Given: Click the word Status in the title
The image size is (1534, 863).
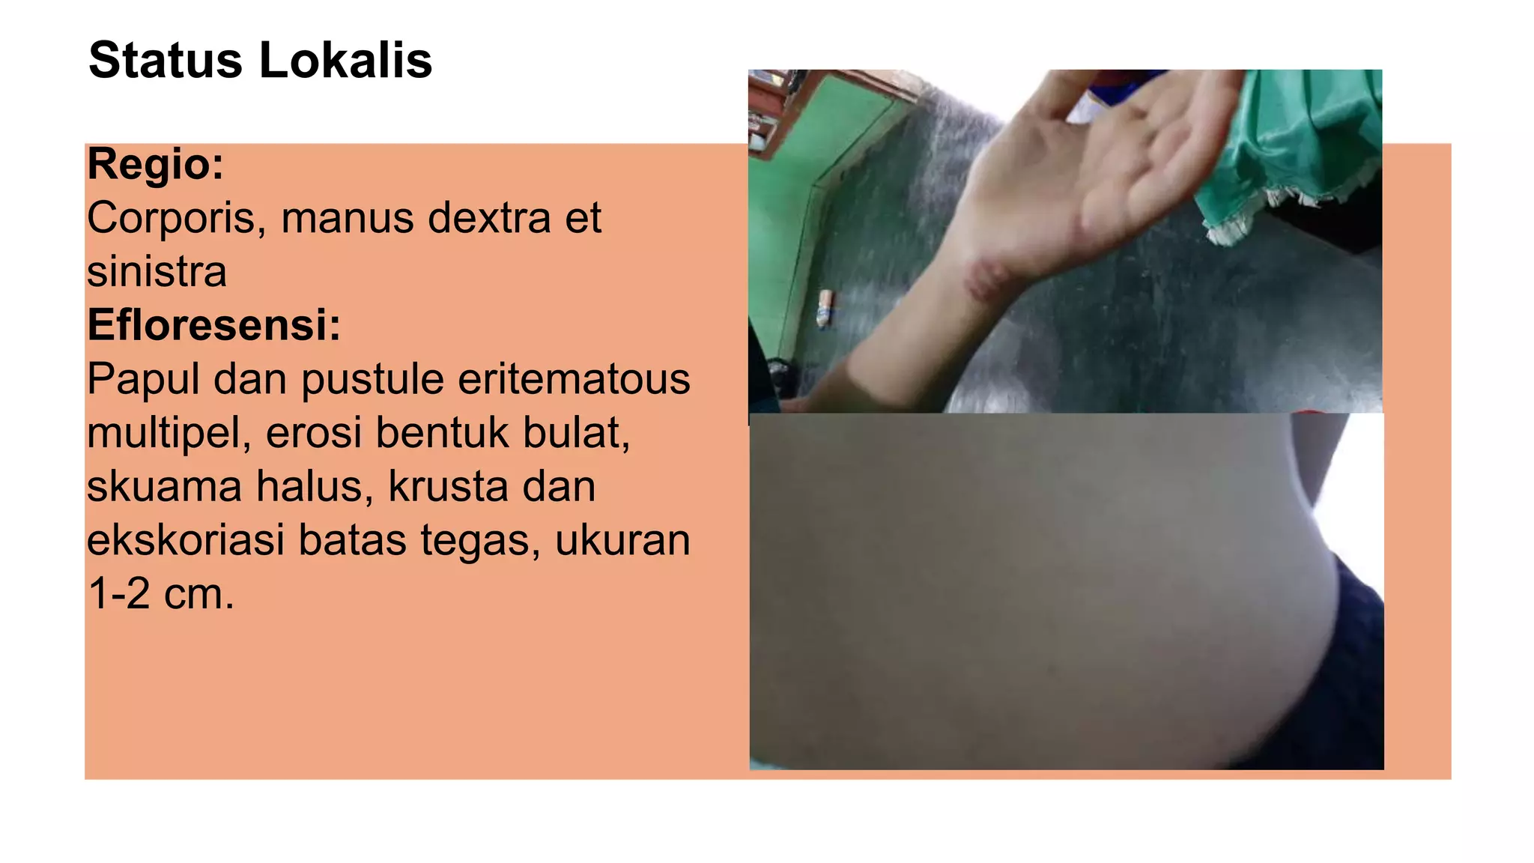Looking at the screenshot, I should [x=166, y=60].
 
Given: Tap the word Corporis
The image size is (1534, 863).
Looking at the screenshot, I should [x=177, y=218].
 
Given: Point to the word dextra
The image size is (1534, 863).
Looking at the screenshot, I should [x=488, y=218].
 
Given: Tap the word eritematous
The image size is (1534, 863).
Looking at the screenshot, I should [x=574, y=379].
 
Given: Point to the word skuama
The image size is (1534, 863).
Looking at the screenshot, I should [x=165, y=487].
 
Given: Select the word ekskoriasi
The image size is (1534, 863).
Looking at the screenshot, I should [x=185, y=540].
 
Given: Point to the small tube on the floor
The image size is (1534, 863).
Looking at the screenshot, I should [x=824, y=309].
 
